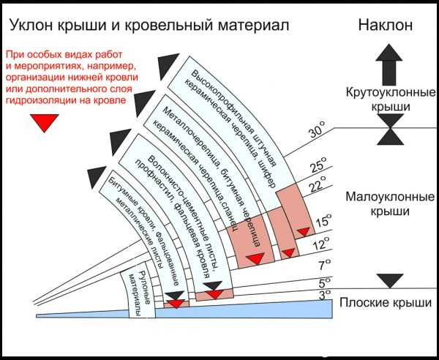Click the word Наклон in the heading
click(x=386, y=24)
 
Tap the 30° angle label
click(x=317, y=132)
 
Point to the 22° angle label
click(x=317, y=187)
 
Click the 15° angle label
click(x=323, y=220)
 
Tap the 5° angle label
click(x=324, y=281)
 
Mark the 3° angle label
click(x=324, y=294)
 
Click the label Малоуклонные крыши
click(x=386, y=204)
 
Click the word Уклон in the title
click(x=32, y=25)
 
